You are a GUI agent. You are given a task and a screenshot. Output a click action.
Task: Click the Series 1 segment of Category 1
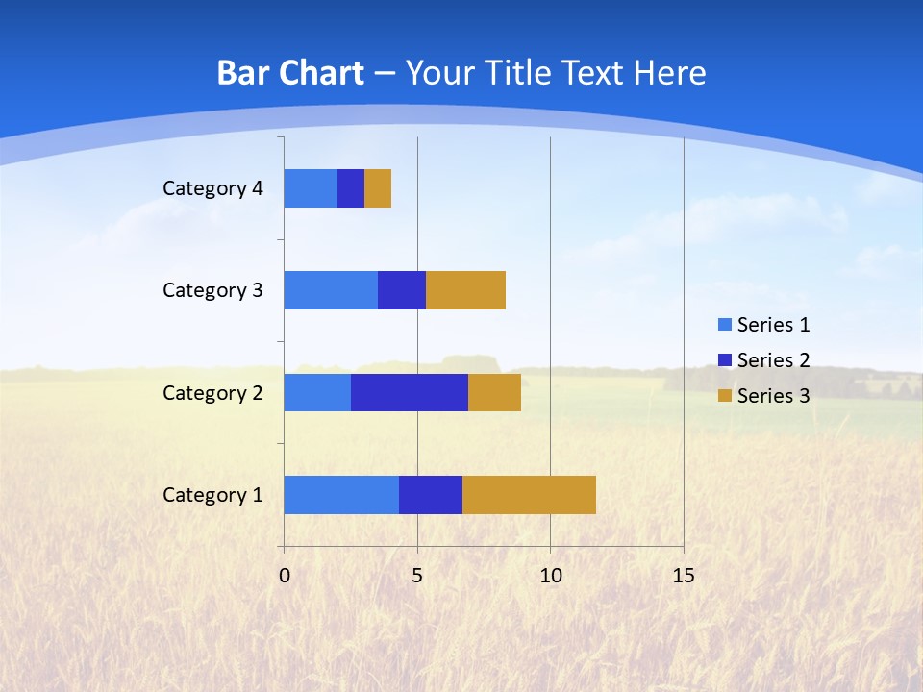[341, 494]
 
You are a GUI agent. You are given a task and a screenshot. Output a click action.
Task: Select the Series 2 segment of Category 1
[431, 494]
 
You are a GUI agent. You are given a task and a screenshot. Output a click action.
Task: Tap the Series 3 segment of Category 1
[529, 494]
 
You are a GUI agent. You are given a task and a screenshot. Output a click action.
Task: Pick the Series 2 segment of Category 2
[410, 392]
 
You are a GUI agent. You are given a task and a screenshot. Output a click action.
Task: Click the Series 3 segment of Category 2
[494, 392]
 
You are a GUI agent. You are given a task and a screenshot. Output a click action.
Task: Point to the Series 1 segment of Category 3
[331, 290]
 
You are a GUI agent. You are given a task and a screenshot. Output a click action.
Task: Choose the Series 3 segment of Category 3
[465, 290]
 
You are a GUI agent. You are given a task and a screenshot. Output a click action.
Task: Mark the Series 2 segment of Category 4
[351, 188]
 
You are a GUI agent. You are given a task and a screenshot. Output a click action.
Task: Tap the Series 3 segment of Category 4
[378, 188]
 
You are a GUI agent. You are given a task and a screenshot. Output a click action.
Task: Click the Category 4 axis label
[212, 188]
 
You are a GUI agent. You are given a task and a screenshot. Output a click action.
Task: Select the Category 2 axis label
[212, 392]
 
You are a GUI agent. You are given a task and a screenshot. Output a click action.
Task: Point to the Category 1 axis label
[212, 495]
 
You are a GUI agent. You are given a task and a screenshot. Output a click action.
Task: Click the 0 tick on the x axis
[285, 576]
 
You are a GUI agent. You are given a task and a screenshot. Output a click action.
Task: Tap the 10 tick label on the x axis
[550, 576]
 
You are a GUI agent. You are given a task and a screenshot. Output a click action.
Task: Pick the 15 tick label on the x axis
[683, 576]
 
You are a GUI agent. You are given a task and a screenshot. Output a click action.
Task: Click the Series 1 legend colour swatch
[724, 325]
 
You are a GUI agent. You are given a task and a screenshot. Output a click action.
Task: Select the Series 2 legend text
[773, 360]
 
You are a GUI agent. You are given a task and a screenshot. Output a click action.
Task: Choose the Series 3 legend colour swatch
[724, 395]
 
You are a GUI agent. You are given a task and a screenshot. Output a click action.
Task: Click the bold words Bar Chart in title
[290, 73]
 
